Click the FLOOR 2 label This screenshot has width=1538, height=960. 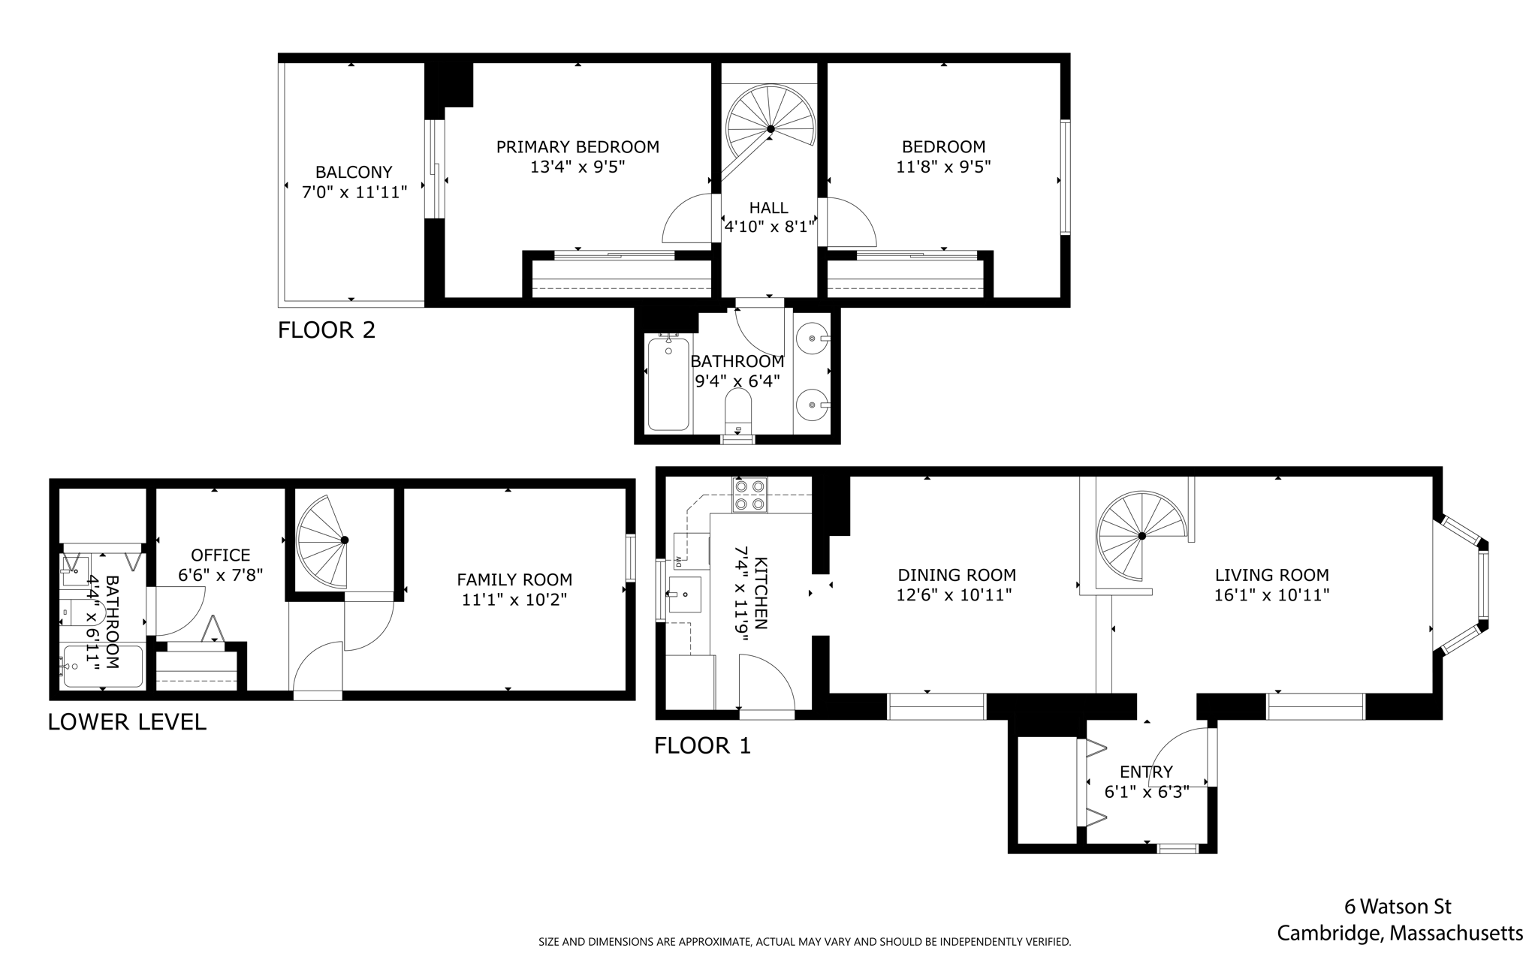click(x=326, y=330)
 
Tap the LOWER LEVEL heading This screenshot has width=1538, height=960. click(x=127, y=722)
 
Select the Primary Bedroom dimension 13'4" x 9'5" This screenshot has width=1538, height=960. click(x=578, y=167)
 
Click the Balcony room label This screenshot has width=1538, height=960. click(x=353, y=173)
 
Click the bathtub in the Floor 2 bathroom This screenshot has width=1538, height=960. click(x=668, y=384)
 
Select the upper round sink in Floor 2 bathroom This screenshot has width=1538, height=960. click(x=812, y=339)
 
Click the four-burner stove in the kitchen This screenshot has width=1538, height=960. click(x=749, y=495)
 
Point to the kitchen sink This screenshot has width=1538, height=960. click(x=684, y=594)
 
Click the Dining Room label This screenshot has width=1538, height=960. click(x=957, y=576)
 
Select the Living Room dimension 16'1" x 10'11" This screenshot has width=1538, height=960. click(x=1271, y=595)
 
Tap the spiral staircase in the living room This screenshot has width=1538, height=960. click(x=1140, y=536)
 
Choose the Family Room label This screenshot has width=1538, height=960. click(x=514, y=580)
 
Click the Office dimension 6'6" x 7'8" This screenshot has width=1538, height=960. click(x=220, y=575)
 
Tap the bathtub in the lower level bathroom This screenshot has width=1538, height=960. click(x=103, y=666)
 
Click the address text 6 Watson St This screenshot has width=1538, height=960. click(x=1398, y=907)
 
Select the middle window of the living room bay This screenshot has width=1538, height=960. click(x=1483, y=585)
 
